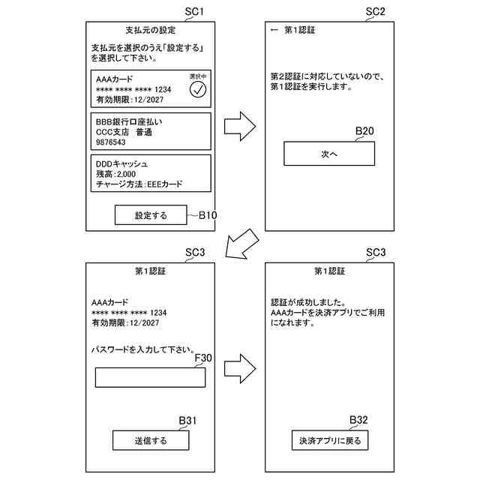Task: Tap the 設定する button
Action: click(151, 215)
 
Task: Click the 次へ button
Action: click(328, 154)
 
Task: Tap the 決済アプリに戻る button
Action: click(329, 440)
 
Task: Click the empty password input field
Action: click(150, 377)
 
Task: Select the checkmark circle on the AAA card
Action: click(198, 90)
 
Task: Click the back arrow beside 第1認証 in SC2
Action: click(274, 31)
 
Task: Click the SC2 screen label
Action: click(375, 12)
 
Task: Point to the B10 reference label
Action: click(208, 215)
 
